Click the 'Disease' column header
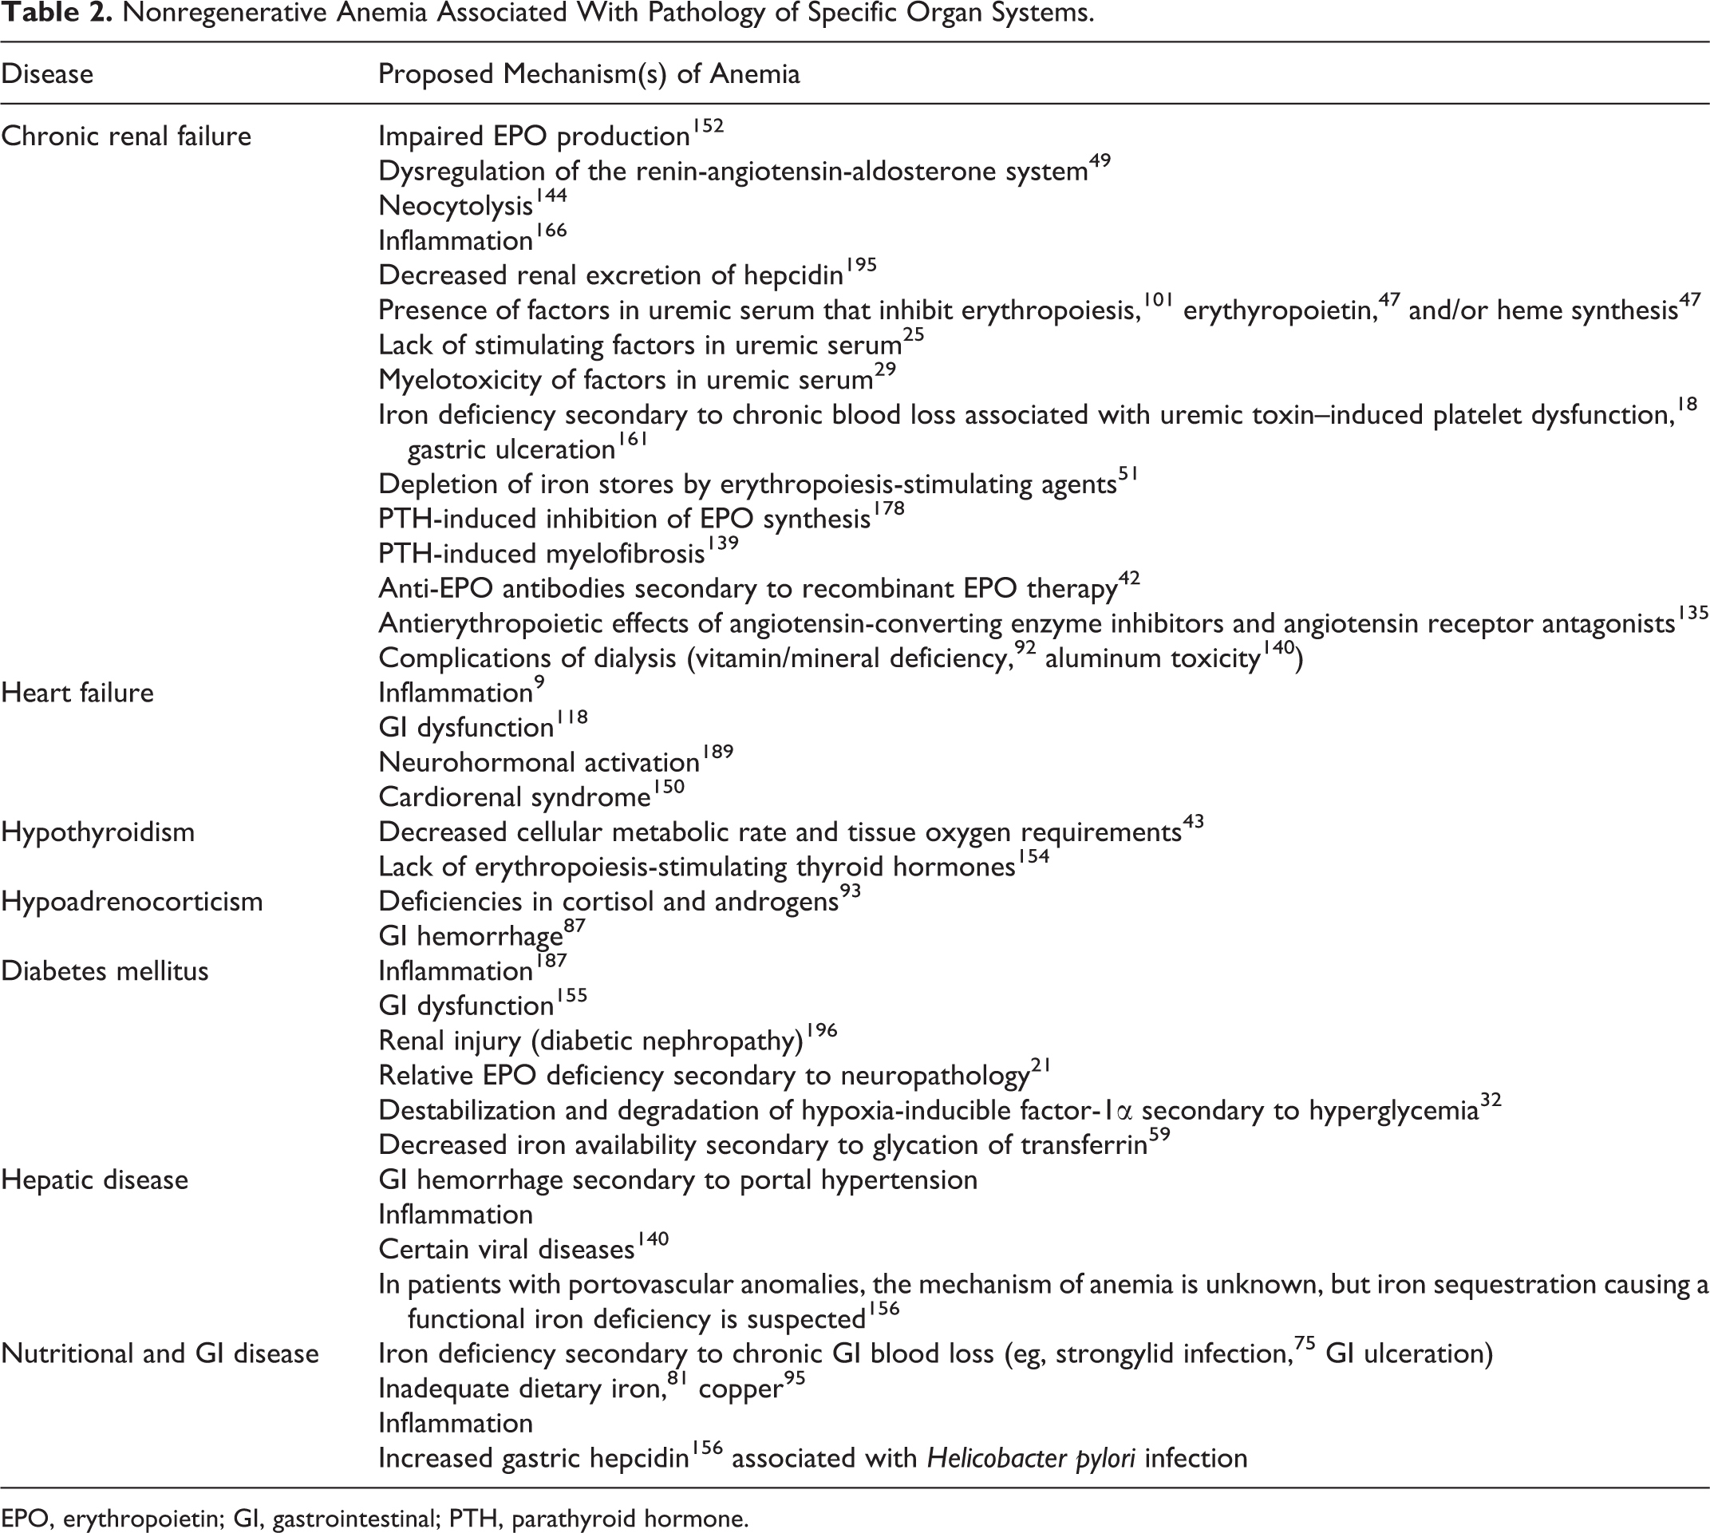(47, 74)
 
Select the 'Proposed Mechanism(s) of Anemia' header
(589, 74)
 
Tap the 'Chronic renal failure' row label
(126, 136)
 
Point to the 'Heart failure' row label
(77, 693)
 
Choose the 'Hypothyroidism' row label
(97, 832)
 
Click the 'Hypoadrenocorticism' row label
(132, 902)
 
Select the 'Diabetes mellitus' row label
(105, 971)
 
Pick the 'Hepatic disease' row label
(94, 1180)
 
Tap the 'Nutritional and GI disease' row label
(160, 1353)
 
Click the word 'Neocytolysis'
(456, 207)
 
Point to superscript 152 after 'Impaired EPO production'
(708, 127)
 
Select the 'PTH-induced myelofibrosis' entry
(542, 555)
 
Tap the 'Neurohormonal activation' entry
(539, 763)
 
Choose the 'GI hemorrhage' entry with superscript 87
(470, 937)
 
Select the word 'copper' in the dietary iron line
(740, 1389)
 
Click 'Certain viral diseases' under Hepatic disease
(506, 1249)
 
